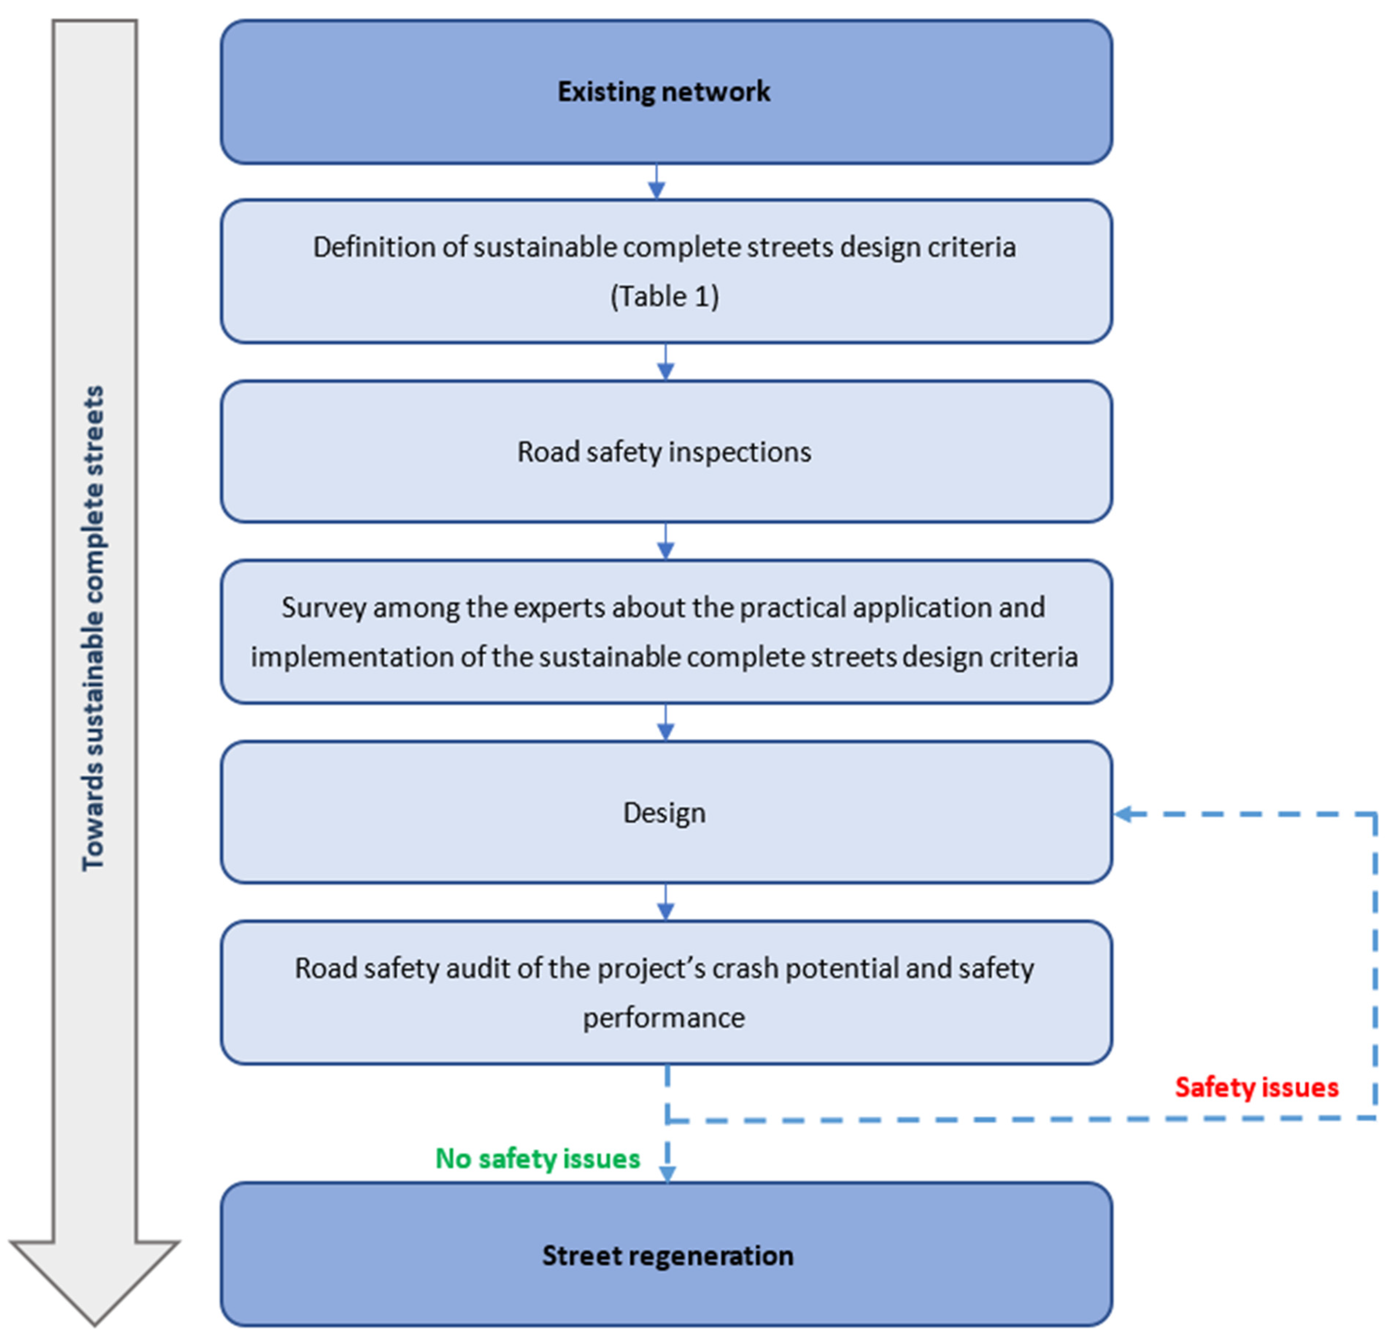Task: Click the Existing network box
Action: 666,92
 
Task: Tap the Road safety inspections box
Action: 666,452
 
